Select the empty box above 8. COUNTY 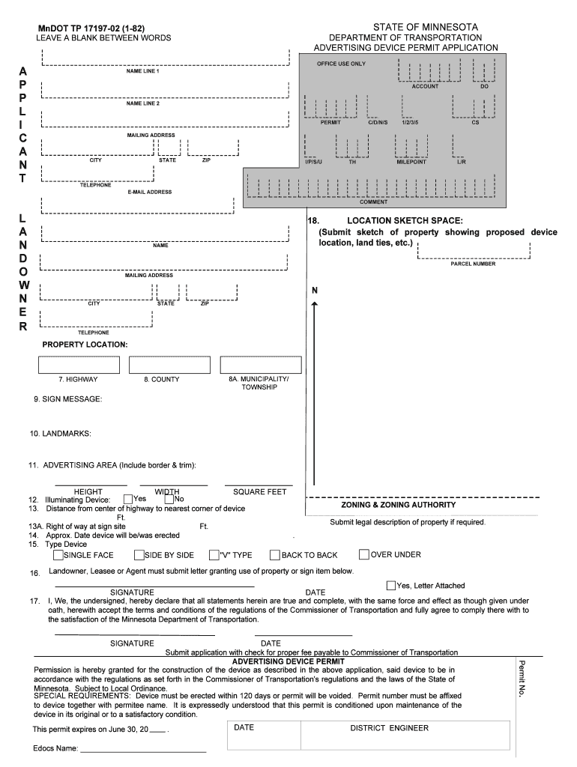pyautogui.click(x=169, y=365)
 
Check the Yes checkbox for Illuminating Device pyautogui.click(x=128, y=499)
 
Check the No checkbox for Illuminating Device pyautogui.click(x=169, y=499)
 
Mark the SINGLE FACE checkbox pyautogui.click(x=58, y=555)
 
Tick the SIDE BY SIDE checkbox pyautogui.click(x=139, y=555)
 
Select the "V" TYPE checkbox pyautogui.click(x=213, y=555)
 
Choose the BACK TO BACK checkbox pyautogui.click(x=275, y=555)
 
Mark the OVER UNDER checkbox pyautogui.click(x=364, y=554)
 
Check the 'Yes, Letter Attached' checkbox pyautogui.click(x=391, y=585)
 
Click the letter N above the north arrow pyautogui.click(x=315, y=290)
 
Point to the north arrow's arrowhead pyautogui.click(x=315, y=303)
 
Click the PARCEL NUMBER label pyautogui.click(x=473, y=264)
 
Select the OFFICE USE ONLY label pyautogui.click(x=341, y=64)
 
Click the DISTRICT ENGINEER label pyautogui.click(x=389, y=728)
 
